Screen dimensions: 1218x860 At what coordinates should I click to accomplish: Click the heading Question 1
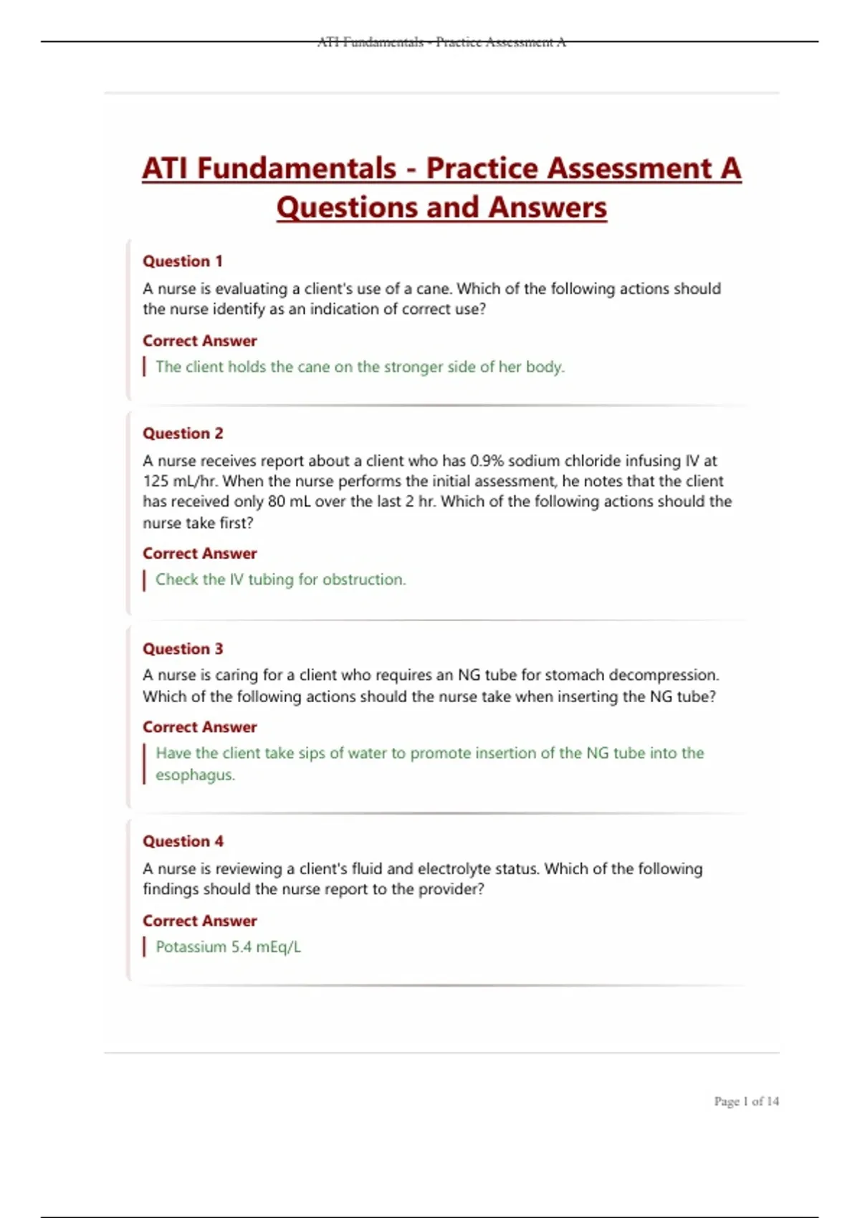coord(183,262)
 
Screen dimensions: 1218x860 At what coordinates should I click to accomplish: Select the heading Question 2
coord(183,433)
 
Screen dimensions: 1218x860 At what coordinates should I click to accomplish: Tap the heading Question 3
coord(183,649)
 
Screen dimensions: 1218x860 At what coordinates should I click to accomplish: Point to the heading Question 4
coord(183,841)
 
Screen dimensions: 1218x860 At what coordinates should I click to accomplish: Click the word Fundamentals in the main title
coord(297,169)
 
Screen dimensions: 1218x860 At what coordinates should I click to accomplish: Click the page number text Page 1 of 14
coord(746,1101)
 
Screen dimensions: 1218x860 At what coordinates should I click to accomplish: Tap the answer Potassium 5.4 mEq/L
coord(228,947)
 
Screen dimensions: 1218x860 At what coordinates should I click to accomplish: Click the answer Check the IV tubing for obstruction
coord(280,580)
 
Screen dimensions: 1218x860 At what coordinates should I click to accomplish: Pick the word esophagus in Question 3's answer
coord(195,775)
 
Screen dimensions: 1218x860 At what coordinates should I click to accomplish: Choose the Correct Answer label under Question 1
coord(199,341)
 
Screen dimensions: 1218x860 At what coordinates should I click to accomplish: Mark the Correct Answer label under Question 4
coord(199,921)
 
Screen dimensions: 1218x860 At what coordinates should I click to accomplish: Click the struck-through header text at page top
coord(441,42)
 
